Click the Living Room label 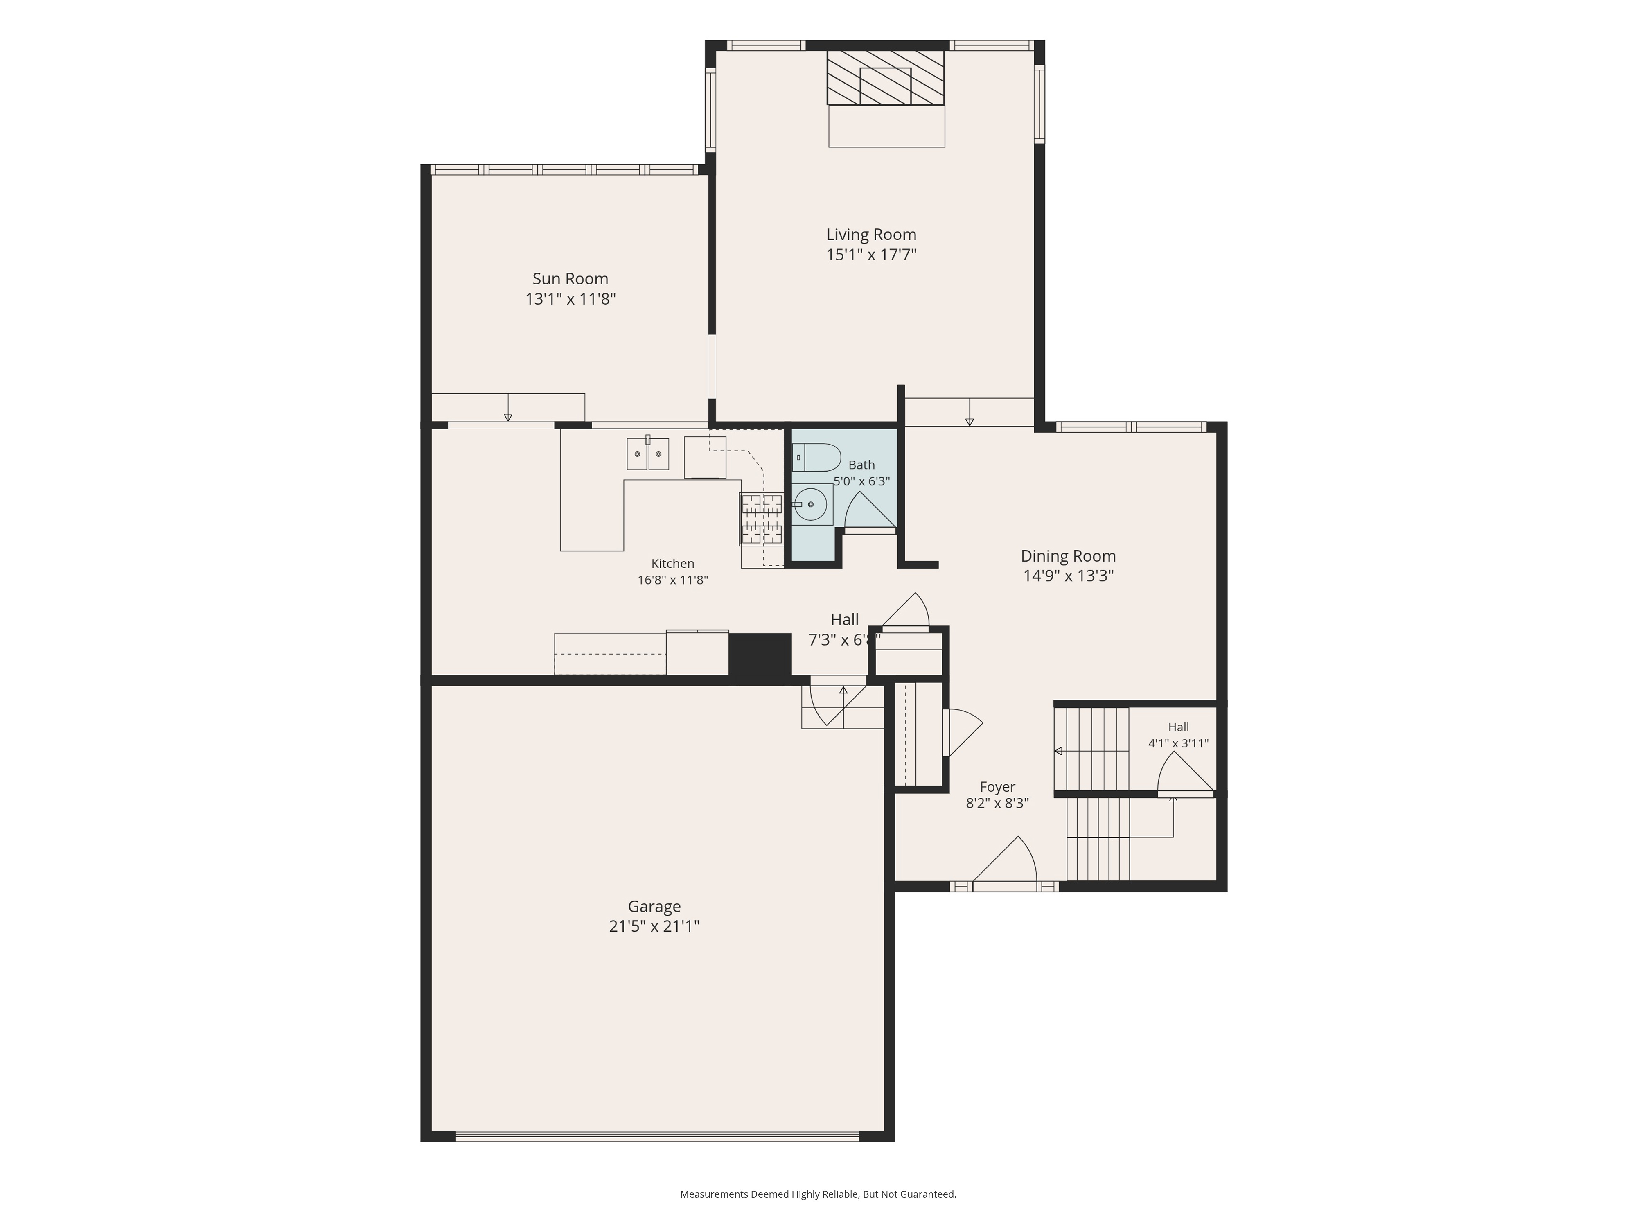point(871,235)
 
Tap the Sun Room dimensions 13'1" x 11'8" point(570,299)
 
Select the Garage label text point(654,907)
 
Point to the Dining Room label point(1068,556)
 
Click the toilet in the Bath point(816,458)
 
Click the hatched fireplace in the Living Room point(886,78)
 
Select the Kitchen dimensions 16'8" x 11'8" point(673,580)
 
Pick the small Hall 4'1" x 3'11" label point(1178,735)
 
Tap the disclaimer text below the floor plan point(818,1194)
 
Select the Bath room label point(861,465)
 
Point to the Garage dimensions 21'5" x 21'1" point(654,926)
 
